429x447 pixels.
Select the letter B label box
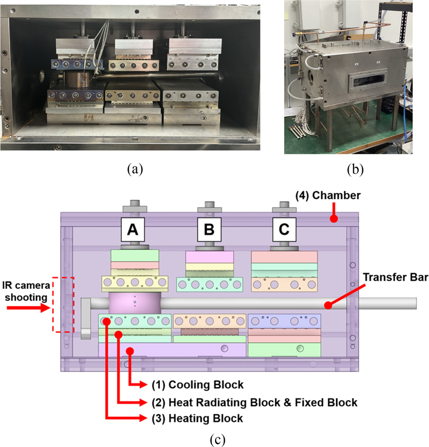[x=209, y=230]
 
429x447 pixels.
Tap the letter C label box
[x=284, y=230]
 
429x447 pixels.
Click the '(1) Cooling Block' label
[x=189, y=385]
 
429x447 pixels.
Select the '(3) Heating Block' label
[x=189, y=418]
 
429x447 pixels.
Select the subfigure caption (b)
[x=354, y=170]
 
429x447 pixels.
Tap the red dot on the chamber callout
[x=334, y=219]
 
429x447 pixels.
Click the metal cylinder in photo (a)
[x=78, y=82]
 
